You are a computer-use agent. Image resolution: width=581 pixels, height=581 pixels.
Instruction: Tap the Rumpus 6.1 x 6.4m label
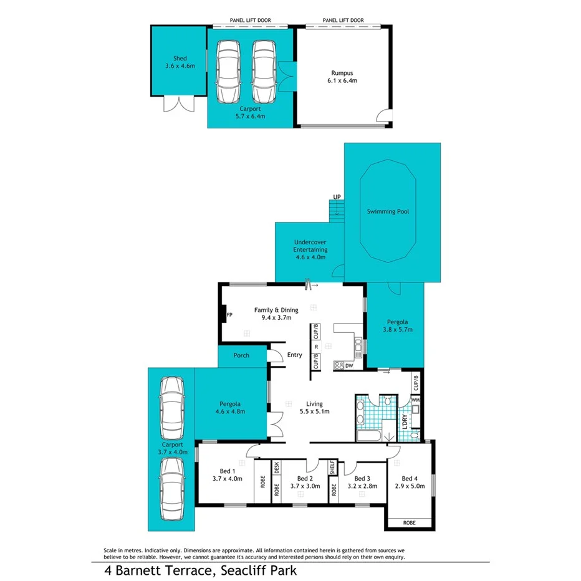click(342, 75)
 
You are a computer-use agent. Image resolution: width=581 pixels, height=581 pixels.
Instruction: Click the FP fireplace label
click(229, 315)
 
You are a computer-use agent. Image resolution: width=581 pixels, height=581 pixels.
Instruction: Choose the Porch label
click(241, 355)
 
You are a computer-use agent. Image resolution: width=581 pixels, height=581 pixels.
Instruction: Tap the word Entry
click(294, 355)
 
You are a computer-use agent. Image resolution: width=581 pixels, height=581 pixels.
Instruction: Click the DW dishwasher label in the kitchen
click(348, 367)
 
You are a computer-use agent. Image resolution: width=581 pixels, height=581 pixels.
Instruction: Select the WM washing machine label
click(416, 400)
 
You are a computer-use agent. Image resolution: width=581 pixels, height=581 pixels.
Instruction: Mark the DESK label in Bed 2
click(277, 468)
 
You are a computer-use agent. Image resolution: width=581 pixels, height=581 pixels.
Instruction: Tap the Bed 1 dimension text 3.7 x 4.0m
click(226, 478)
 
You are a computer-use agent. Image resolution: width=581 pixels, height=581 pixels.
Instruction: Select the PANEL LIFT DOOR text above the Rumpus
click(343, 21)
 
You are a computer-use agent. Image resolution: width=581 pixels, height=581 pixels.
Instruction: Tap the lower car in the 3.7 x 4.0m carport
click(171, 489)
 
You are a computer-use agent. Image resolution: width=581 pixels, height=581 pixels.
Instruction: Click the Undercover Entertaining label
click(310, 249)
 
